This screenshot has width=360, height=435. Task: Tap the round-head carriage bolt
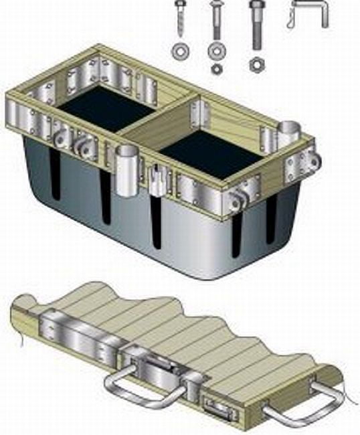point(216,20)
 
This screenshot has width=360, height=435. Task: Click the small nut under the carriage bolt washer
point(216,68)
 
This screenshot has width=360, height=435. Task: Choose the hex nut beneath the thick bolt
point(255,66)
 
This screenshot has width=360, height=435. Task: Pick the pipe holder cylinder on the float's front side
point(126,173)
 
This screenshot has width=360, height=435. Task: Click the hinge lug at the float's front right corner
point(238,198)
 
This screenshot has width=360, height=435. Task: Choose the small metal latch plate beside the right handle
point(217,407)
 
